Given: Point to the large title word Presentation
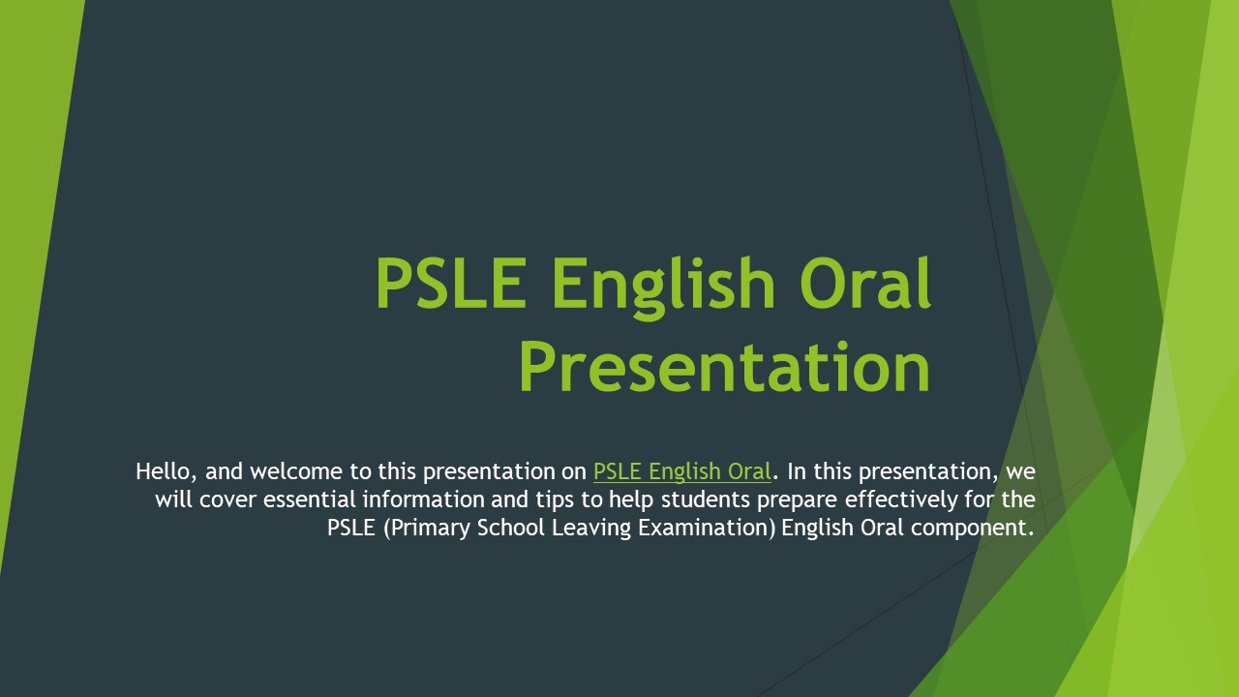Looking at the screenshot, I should [x=724, y=367].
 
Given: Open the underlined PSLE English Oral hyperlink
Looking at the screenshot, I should [x=681, y=471].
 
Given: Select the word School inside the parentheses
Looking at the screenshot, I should [x=508, y=528].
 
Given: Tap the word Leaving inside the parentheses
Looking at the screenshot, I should [x=584, y=528].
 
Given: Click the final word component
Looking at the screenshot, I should [x=968, y=528].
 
